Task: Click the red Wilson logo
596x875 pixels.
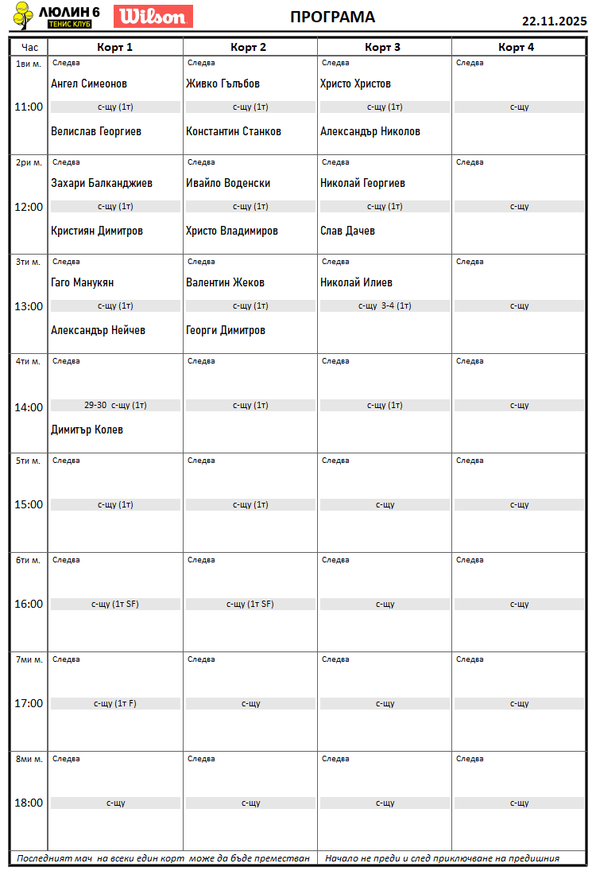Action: [x=153, y=16]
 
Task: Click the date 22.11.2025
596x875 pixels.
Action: [x=554, y=21]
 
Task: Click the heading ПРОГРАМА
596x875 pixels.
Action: [x=332, y=17]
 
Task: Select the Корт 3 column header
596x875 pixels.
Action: [x=382, y=47]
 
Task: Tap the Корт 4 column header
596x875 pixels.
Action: [x=517, y=47]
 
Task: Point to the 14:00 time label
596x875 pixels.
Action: [x=29, y=407]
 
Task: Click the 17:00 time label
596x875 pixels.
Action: [x=29, y=703]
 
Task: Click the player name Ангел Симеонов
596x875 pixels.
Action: [x=89, y=84]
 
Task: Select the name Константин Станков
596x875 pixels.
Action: [x=234, y=131]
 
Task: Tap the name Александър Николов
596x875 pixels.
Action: [x=370, y=131]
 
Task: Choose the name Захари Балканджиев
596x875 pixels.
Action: [x=102, y=183]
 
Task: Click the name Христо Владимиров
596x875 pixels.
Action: [x=232, y=231]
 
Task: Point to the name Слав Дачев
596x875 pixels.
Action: [x=347, y=231]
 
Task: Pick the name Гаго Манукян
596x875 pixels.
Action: [x=83, y=282]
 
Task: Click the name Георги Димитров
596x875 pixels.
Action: [x=226, y=330]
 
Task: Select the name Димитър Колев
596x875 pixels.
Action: [x=87, y=430]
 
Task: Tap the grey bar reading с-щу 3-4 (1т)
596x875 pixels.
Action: [x=385, y=305]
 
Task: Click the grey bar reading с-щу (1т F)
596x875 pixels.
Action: [x=115, y=703]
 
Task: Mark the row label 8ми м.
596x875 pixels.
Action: [x=29, y=759]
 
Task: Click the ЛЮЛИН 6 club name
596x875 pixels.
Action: [x=68, y=12]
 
